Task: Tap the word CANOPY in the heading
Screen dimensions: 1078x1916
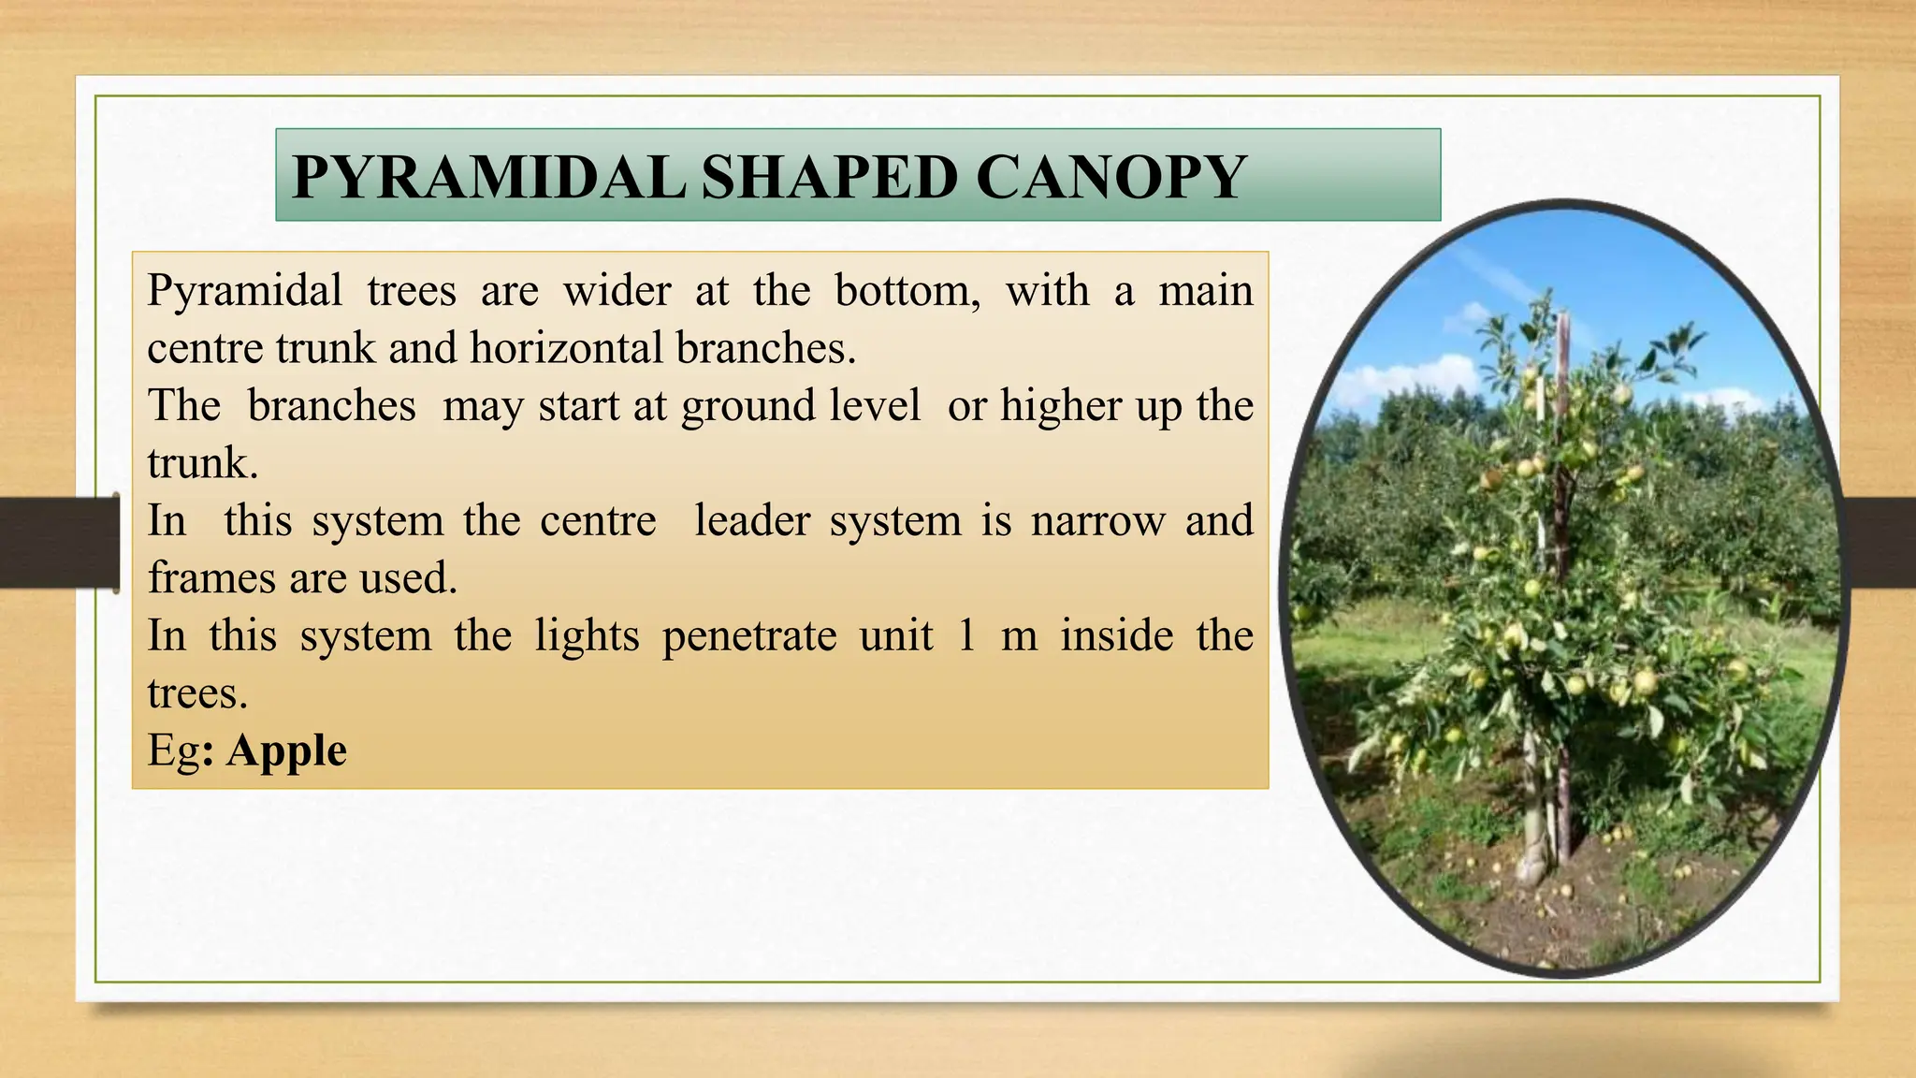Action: [1110, 177]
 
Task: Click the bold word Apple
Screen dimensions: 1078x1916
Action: [286, 750]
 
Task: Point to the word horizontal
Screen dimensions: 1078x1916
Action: [567, 348]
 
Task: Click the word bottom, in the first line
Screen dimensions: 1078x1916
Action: [907, 291]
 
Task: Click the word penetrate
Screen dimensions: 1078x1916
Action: [748, 636]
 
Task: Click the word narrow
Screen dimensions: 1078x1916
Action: [1097, 520]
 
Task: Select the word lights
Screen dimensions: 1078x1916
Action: [587, 636]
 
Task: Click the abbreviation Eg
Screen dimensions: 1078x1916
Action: [173, 751]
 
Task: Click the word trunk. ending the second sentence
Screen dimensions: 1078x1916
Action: [202, 463]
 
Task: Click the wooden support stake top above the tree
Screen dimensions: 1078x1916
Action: [1563, 323]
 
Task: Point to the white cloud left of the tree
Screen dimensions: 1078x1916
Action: [1403, 378]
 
